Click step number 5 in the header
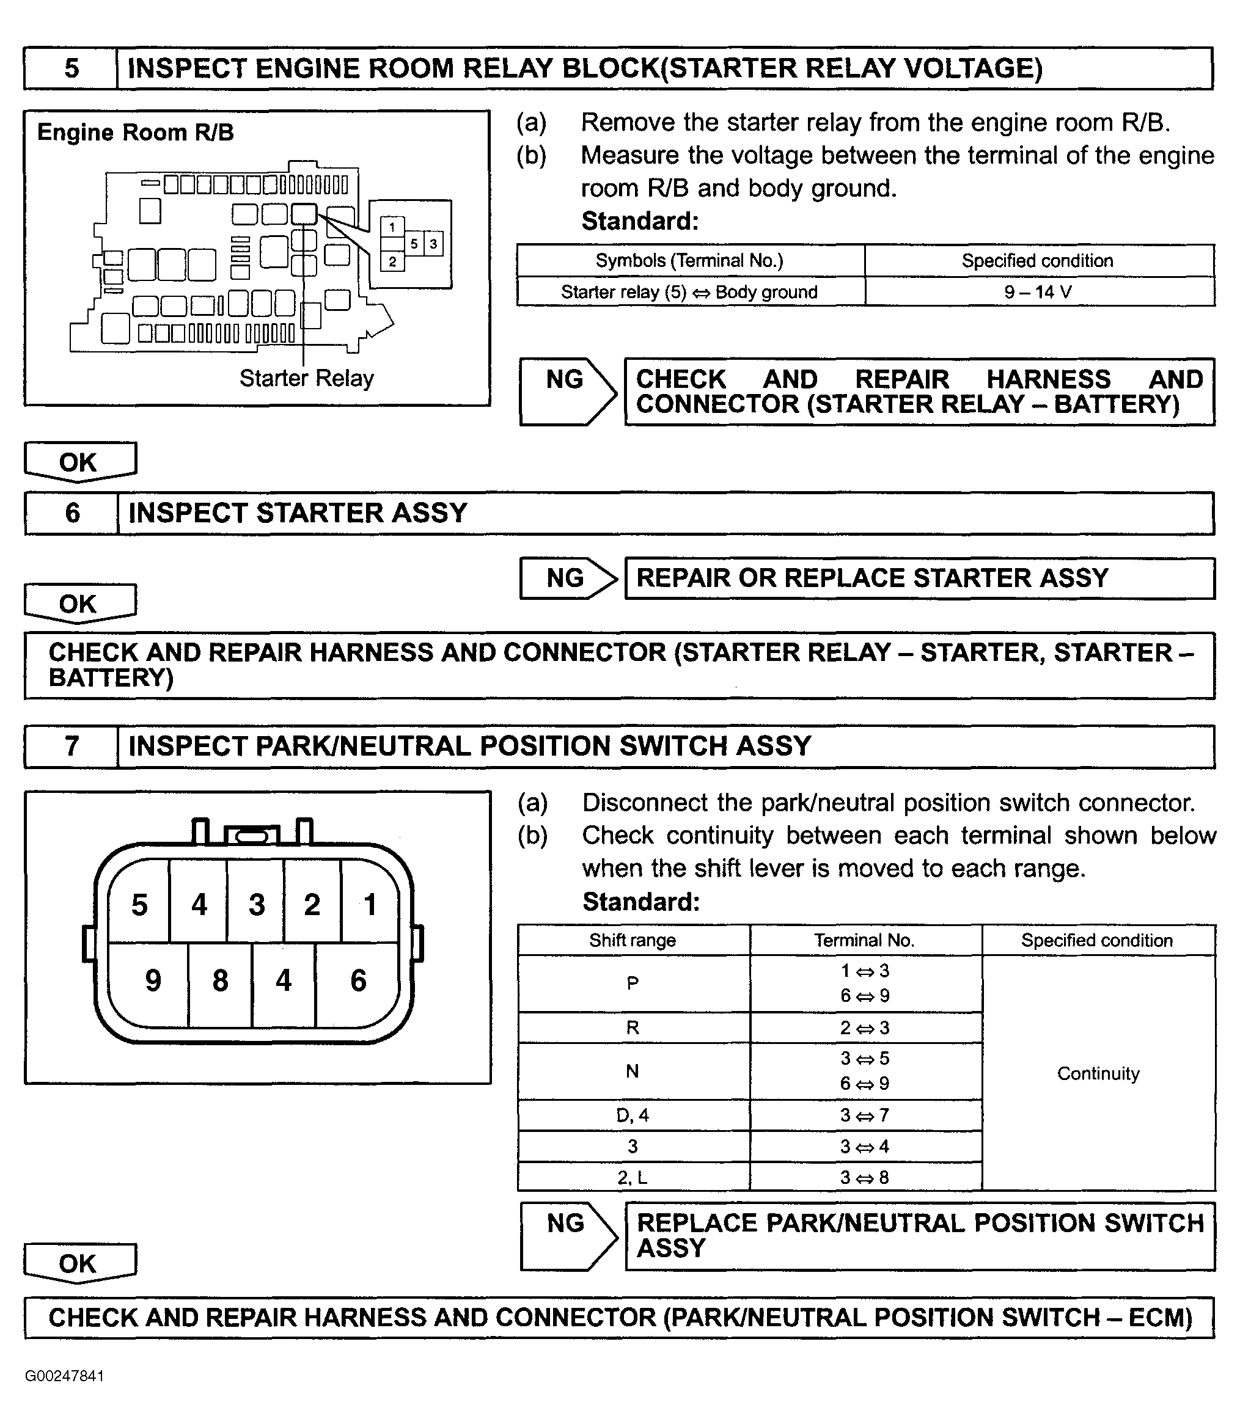point(72,68)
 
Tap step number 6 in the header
point(72,513)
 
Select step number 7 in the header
point(72,746)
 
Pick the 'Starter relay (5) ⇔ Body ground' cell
point(689,292)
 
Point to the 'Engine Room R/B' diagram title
point(136,132)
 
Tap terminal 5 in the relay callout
point(414,244)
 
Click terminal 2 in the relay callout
point(392,261)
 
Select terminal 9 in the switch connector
point(153,980)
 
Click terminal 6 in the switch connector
point(358,980)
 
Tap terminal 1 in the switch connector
point(370,904)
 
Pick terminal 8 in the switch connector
point(220,980)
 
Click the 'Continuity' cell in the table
point(1098,1073)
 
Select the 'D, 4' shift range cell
point(633,1115)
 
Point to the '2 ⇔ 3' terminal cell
point(864,1028)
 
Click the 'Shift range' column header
point(633,940)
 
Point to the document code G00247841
point(64,1376)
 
